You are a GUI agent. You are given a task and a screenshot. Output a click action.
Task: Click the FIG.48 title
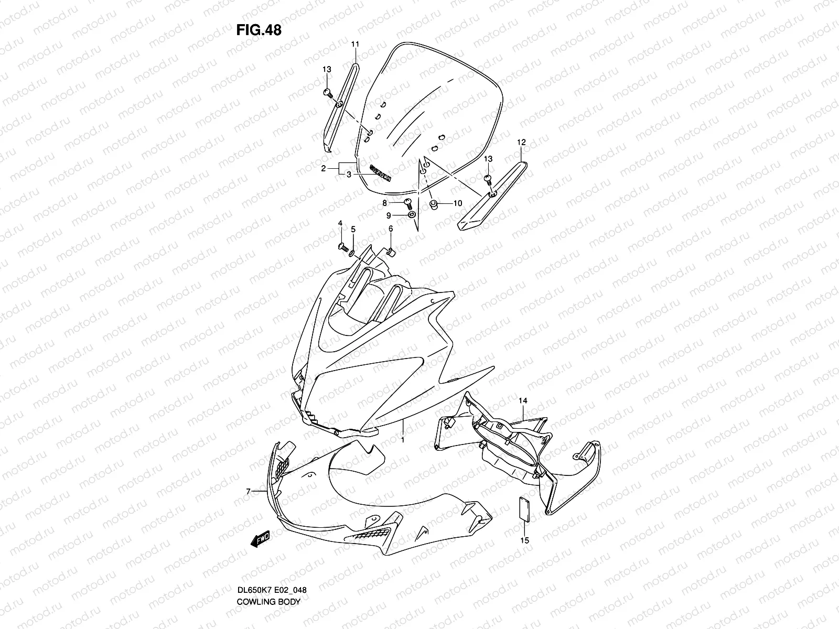point(259,30)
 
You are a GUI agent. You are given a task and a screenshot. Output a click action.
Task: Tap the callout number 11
point(354,44)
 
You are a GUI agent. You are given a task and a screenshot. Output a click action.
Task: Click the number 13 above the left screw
point(327,70)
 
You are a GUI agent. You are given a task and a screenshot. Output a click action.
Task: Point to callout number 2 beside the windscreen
point(324,169)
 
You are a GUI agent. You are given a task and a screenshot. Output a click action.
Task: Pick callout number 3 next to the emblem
point(348,175)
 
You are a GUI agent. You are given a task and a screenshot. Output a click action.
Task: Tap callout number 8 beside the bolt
point(384,202)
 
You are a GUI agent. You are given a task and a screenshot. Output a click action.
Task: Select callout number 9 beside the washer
point(389,215)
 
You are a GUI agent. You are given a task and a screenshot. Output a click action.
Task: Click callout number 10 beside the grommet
point(457,203)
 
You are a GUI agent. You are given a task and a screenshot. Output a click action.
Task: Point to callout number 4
point(340,224)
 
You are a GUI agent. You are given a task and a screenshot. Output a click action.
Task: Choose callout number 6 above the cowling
point(390,229)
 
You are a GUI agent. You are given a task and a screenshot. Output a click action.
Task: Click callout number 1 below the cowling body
point(402,440)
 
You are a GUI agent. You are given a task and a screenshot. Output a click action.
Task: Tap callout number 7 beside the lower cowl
point(248,491)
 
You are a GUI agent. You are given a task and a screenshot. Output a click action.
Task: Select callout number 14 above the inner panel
point(523,401)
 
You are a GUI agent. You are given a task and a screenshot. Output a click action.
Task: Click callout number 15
point(525,540)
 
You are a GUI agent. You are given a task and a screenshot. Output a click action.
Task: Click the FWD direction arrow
point(261,538)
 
